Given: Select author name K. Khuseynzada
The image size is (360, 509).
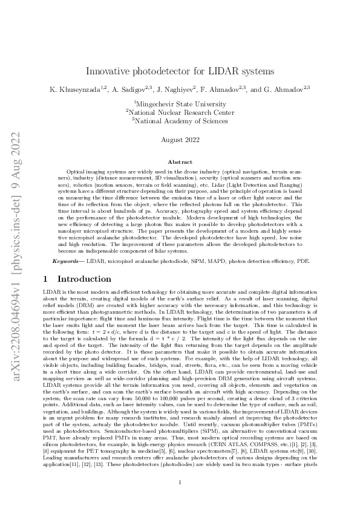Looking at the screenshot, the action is (x=75, y=89).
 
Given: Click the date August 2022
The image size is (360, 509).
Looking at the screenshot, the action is (x=180, y=140).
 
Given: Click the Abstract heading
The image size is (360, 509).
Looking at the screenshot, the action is (x=180, y=162).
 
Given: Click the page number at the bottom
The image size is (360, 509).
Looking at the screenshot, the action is (x=180, y=482).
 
